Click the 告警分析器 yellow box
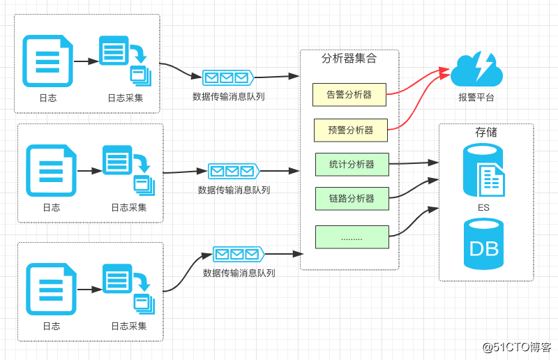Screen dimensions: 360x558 pyautogui.click(x=349, y=95)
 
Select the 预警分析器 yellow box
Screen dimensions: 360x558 pyautogui.click(x=350, y=130)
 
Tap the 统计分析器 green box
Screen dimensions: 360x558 pyautogui.click(x=352, y=165)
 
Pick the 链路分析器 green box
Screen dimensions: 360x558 pyautogui.click(x=352, y=199)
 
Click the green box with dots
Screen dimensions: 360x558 pyautogui.click(x=352, y=237)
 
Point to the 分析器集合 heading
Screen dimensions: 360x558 pyautogui.click(x=349, y=59)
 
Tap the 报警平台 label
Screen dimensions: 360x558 pyautogui.click(x=476, y=98)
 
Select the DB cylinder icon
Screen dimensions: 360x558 pyautogui.click(x=483, y=244)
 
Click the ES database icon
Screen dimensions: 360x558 pyautogui.click(x=483, y=170)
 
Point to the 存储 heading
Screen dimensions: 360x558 pyautogui.click(x=486, y=132)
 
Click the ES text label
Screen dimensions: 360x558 pyautogui.click(x=483, y=208)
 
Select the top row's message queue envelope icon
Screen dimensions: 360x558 pyautogui.click(x=228, y=77)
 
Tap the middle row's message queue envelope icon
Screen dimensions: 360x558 pyautogui.click(x=234, y=171)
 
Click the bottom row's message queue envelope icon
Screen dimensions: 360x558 pyautogui.click(x=239, y=254)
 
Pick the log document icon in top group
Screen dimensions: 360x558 pyautogui.click(x=47, y=61)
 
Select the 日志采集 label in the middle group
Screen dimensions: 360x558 pyautogui.click(x=129, y=207)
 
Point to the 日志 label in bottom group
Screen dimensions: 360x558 pyautogui.click(x=51, y=326)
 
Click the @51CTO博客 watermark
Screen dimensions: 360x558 pyautogui.click(x=517, y=347)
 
